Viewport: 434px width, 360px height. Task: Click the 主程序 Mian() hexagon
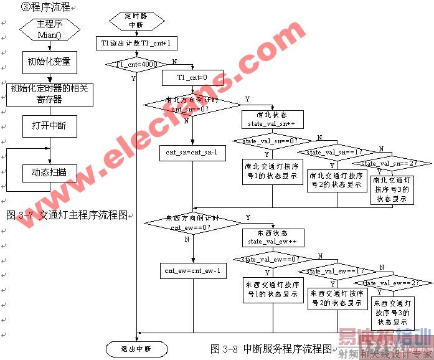click(x=50, y=29)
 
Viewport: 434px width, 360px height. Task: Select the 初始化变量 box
click(x=49, y=62)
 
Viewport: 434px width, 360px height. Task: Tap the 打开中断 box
click(x=49, y=126)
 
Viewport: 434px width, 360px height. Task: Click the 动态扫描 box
click(x=49, y=172)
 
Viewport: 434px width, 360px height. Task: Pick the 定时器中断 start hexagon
click(x=136, y=21)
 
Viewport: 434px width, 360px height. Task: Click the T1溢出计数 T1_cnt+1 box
click(x=136, y=43)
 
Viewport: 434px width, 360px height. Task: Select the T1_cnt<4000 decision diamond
click(x=136, y=64)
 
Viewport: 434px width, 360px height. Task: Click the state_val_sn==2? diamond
click(x=390, y=164)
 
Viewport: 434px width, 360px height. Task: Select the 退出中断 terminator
click(x=136, y=348)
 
